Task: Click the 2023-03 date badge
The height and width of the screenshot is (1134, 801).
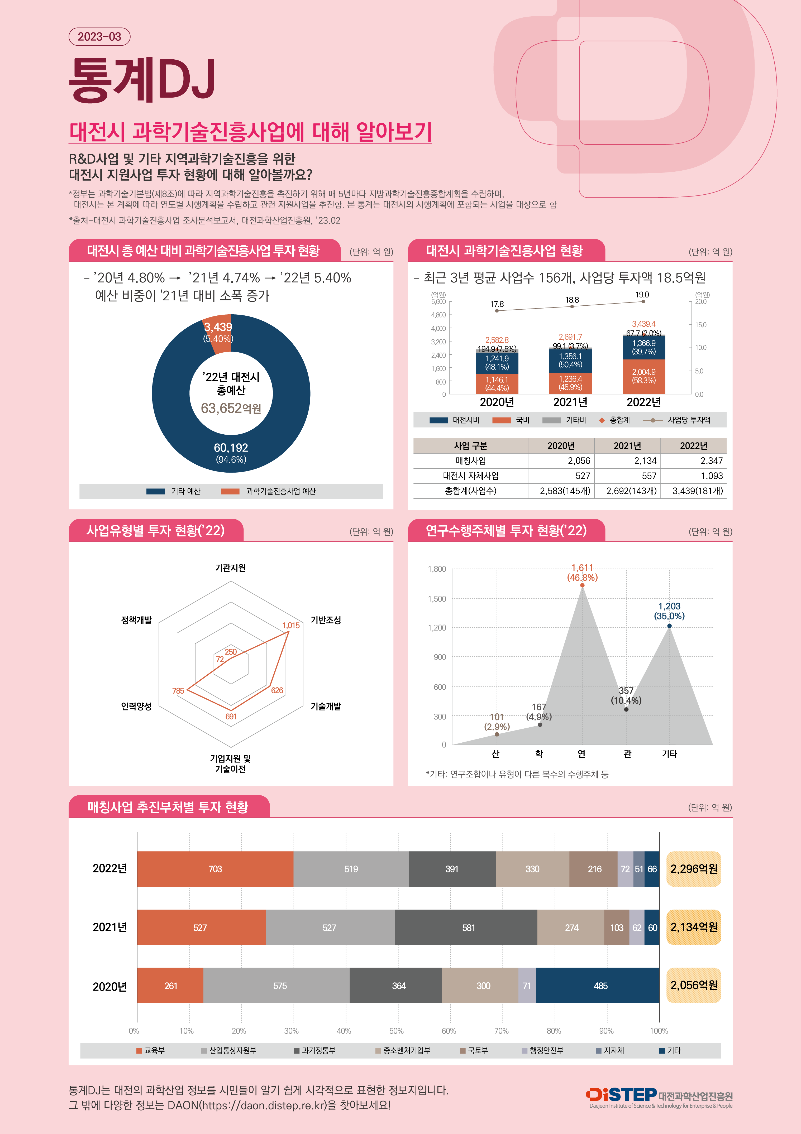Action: tap(99, 37)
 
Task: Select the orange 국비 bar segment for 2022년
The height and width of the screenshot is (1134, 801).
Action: tap(643, 376)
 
